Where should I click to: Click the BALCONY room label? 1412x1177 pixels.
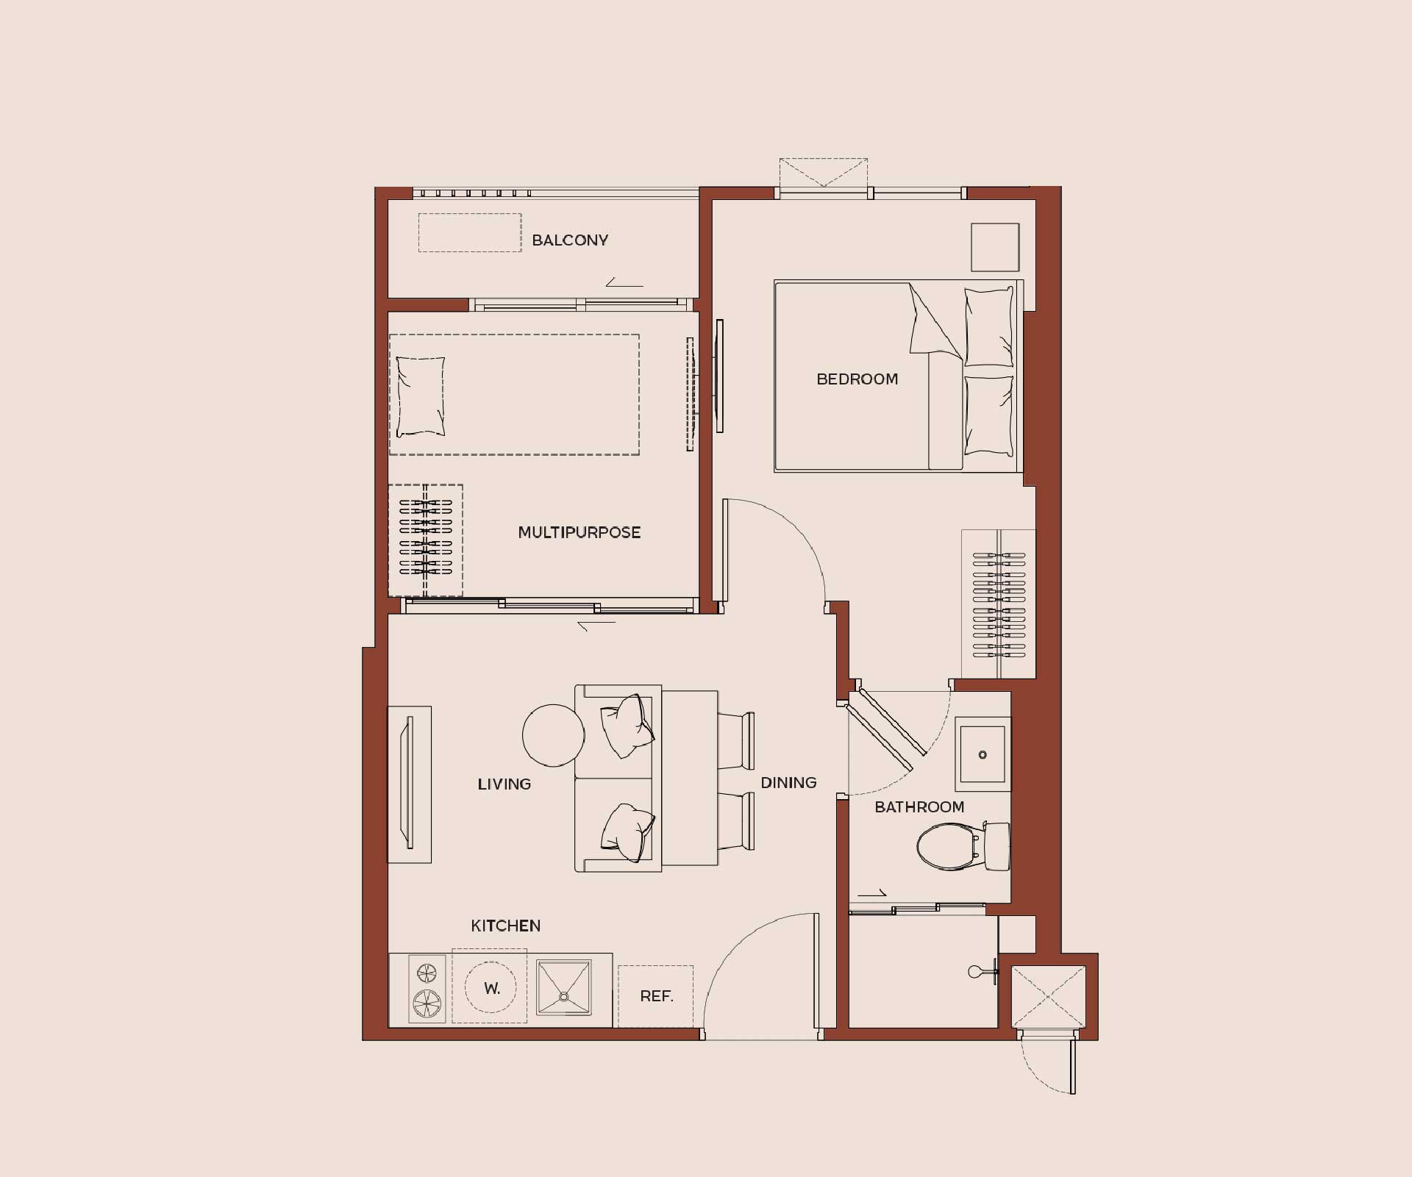(570, 240)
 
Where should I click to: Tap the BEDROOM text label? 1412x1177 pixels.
(857, 379)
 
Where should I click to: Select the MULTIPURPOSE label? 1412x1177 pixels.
(580, 532)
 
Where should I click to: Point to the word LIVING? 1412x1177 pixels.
(504, 784)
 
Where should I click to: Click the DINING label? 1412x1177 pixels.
(788, 783)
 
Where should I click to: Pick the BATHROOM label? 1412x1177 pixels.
(919, 807)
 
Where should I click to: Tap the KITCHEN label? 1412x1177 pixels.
(506, 926)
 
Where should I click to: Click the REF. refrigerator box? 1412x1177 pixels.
(656, 996)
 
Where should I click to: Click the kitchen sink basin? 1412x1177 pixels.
(564, 988)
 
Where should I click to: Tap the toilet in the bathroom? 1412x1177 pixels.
(963, 846)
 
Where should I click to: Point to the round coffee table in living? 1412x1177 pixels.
(554, 734)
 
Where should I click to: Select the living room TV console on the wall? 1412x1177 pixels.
(410, 784)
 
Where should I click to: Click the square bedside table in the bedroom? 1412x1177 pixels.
(995, 248)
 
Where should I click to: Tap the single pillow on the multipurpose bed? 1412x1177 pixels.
(421, 396)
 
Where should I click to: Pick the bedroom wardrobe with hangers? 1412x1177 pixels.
(999, 604)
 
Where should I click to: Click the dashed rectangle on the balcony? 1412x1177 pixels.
(470, 232)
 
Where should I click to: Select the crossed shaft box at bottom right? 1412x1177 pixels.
(1049, 997)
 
